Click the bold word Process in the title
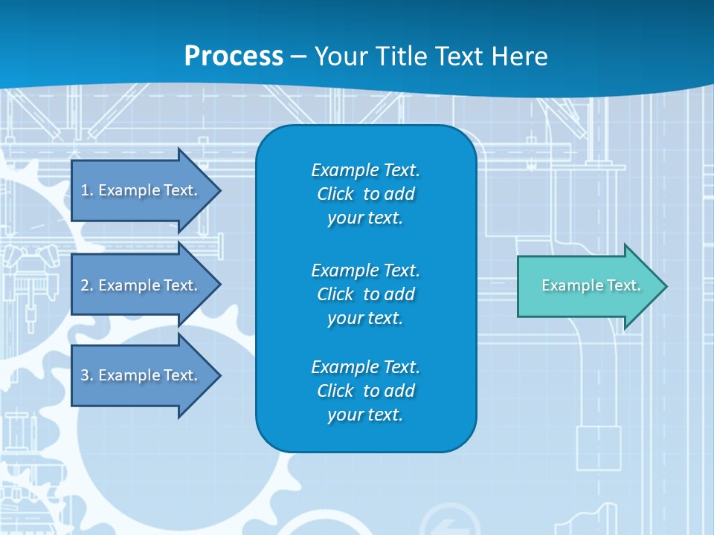[x=234, y=56]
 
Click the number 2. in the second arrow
[x=87, y=285]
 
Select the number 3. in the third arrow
[x=87, y=375]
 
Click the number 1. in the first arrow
[x=87, y=190]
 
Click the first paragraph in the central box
[x=365, y=194]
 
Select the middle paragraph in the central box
[x=365, y=294]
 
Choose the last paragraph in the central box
[x=365, y=391]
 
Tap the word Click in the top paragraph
[x=335, y=194]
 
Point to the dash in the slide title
[x=299, y=56]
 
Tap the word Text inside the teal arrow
[x=623, y=285]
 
